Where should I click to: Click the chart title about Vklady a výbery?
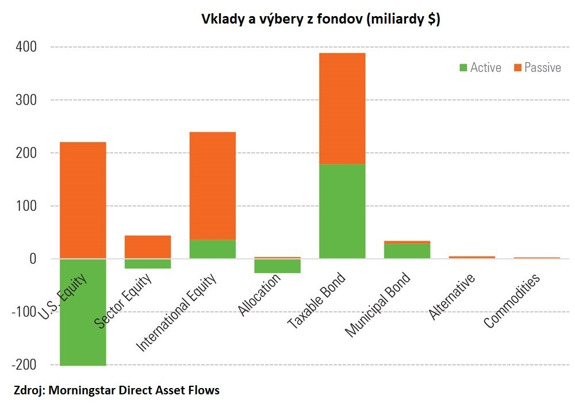coord(320,19)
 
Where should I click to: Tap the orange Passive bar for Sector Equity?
coord(148,247)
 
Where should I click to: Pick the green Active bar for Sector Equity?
coord(148,264)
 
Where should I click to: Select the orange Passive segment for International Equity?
coord(212,186)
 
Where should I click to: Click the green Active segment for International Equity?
coord(212,249)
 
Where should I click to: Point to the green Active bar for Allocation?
coord(277,266)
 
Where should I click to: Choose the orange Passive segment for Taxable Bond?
coord(342,109)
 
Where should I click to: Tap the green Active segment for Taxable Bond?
coord(342,211)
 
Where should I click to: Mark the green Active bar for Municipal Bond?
coord(407,251)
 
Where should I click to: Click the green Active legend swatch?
coord(463,68)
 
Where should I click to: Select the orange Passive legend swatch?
coord(517,68)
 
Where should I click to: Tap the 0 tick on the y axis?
coord(33,259)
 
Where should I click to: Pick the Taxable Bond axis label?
coord(317,300)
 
